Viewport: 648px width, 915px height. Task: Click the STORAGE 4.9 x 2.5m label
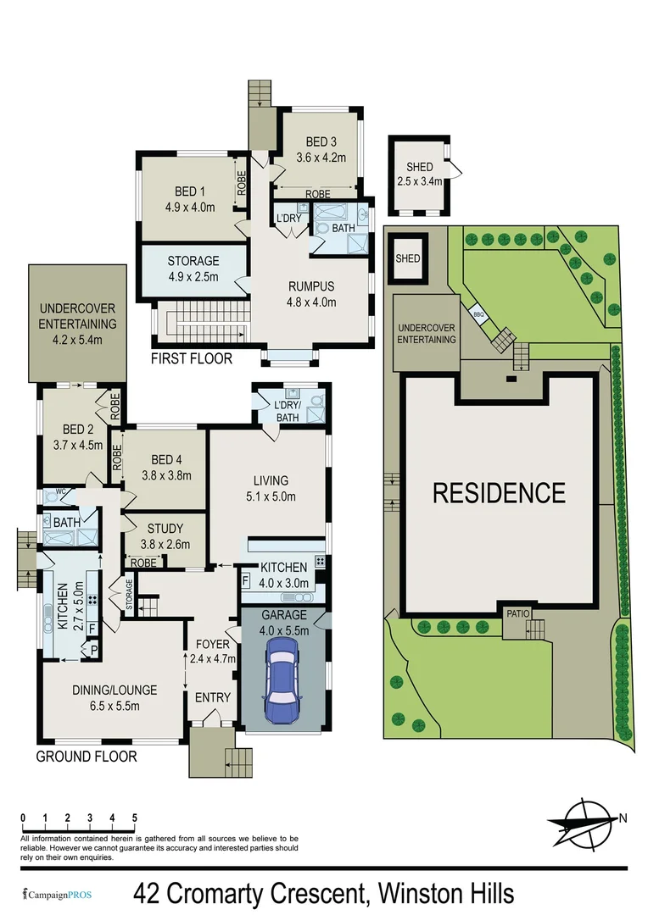tap(193, 269)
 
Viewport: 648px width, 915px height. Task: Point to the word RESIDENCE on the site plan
tap(499, 492)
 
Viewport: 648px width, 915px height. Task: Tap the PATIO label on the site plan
tap(517, 613)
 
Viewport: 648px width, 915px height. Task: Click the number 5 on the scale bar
tap(135, 818)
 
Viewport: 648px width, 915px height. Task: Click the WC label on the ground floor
tap(60, 491)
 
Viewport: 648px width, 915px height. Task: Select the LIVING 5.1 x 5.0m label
tap(270, 488)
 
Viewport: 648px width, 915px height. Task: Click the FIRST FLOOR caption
tap(192, 358)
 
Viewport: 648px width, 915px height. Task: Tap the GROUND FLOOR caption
tap(87, 756)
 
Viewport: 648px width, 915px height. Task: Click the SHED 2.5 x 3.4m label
tap(419, 174)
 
